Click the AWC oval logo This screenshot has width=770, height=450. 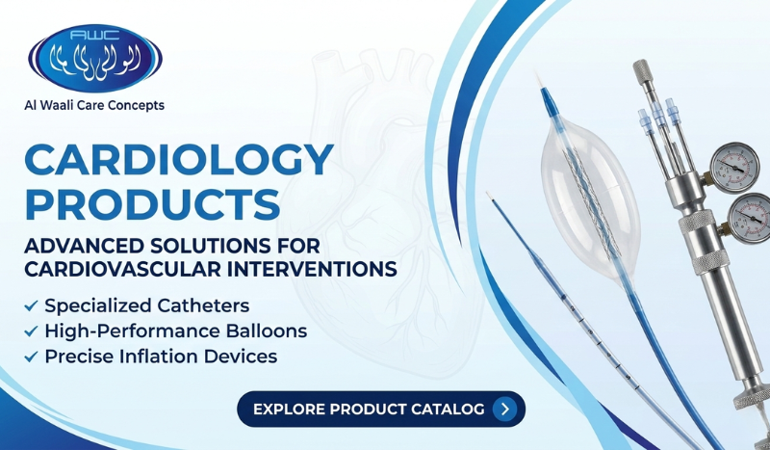(x=95, y=57)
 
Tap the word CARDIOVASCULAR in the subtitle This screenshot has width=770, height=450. (x=105, y=269)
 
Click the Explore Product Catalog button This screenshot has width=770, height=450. (x=381, y=409)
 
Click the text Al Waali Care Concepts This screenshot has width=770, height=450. (x=94, y=105)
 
